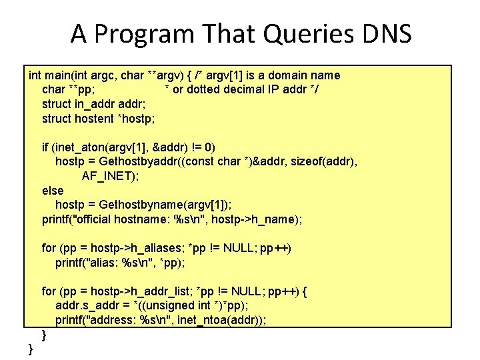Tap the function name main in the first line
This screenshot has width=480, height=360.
[x=59, y=75]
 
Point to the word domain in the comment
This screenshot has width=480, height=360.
[x=281, y=75]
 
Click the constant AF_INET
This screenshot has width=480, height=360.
[x=108, y=177]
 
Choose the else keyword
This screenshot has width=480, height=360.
[x=53, y=191]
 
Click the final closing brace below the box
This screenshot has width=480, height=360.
[x=30, y=349]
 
